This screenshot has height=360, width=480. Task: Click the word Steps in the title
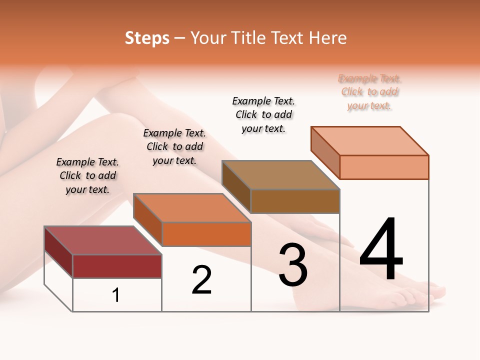coord(147,38)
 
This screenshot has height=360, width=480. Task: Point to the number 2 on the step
coord(202,280)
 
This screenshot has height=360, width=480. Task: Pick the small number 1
coord(116,295)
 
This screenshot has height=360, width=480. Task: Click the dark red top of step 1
coord(102,240)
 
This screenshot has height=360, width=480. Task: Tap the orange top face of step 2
coord(192,208)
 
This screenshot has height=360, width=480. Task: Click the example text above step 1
coord(87,175)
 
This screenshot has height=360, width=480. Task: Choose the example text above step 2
coord(174,146)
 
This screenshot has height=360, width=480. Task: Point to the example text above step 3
coord(263,114)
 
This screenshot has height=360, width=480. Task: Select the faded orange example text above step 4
coord(369,92)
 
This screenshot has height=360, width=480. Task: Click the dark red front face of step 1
coord(117,266)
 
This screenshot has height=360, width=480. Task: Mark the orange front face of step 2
coord(206,234)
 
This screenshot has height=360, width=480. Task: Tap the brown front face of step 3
coord(295,201)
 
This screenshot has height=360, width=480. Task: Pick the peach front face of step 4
coord(384,167)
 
